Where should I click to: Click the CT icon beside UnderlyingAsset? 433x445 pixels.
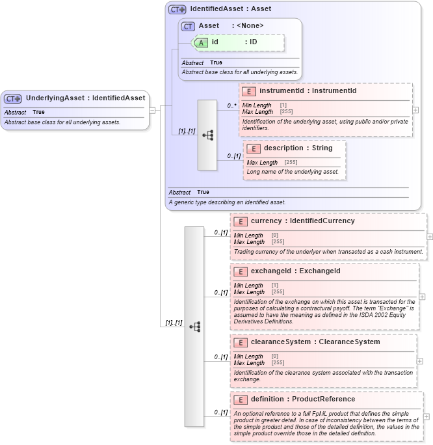point(13,98)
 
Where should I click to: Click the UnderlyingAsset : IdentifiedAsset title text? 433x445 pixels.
point(85,98)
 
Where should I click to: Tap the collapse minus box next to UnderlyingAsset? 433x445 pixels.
point(152,110)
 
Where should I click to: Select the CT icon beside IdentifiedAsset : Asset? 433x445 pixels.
point(177,10)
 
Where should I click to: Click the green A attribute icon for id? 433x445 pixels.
point(201,42)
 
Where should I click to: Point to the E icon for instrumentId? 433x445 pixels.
point(249,91)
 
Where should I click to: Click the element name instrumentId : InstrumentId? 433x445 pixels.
point(308,91)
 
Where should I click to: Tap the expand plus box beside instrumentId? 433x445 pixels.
point(415,110)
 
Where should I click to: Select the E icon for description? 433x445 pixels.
point(254,148)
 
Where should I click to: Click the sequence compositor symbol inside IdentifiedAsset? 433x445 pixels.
point(207,135)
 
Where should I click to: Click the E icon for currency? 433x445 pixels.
point(241,221)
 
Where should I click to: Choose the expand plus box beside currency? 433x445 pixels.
point(430,237)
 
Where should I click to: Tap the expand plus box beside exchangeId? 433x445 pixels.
point(422,296)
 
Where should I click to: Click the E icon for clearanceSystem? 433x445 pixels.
point(241,342)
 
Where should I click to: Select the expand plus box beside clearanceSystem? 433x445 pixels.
point(419,361)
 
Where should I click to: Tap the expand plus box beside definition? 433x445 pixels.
point(426,417)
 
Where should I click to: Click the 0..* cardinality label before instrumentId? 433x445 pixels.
point(231,105)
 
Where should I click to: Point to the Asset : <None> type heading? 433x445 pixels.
point(231,26)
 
